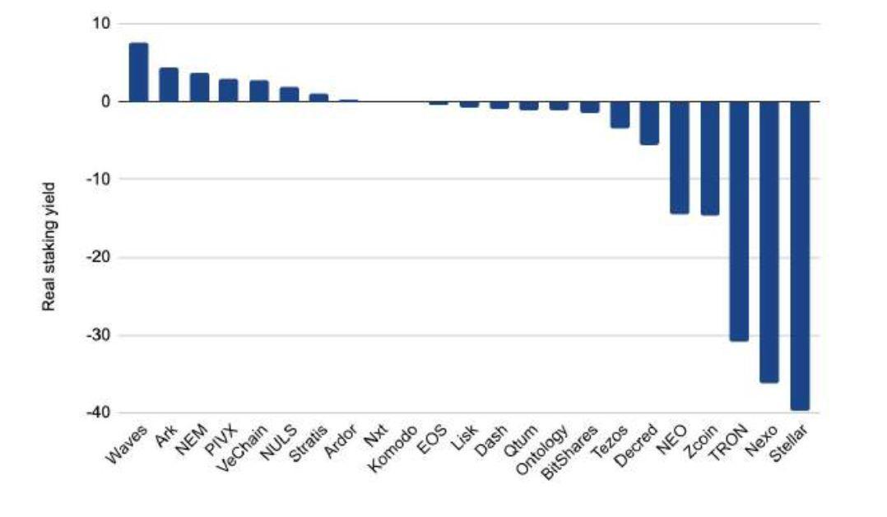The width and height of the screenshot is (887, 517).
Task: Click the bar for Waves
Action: (x=138, y=72)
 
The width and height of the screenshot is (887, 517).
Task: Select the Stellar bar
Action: (x=800, y=255)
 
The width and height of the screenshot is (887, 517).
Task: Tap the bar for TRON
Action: (x=739, y=221)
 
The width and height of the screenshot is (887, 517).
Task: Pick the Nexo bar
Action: (x=769, y=242)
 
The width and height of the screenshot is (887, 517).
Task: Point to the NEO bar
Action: (x=680, y=157)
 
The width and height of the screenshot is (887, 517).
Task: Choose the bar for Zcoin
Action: (x=710, y=158)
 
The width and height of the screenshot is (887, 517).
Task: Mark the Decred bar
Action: (x=649, y=123)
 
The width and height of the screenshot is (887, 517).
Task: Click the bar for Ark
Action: (x=169, y=84)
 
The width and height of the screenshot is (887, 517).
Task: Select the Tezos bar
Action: (x=620, y=114)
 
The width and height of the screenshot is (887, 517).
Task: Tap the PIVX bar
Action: (x=229, y=90)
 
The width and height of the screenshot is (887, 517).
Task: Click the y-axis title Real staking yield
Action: (x=49, y=246)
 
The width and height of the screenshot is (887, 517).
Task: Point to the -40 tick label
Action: (x=99, y=412)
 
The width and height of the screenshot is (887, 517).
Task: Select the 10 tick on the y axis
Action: (x=102, y=23)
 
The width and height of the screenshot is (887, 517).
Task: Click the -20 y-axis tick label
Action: (x=99, y=257)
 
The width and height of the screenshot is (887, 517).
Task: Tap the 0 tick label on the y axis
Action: (x=106, y=101)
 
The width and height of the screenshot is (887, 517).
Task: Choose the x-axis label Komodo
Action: (x=392, y=449)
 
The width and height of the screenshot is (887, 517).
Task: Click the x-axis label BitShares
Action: (x=569, y=453)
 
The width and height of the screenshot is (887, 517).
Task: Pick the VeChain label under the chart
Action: (x=242, y=449)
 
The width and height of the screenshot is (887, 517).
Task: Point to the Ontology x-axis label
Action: (x=542, y=451)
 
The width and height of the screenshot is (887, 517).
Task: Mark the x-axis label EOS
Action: (x=432, y=440)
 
